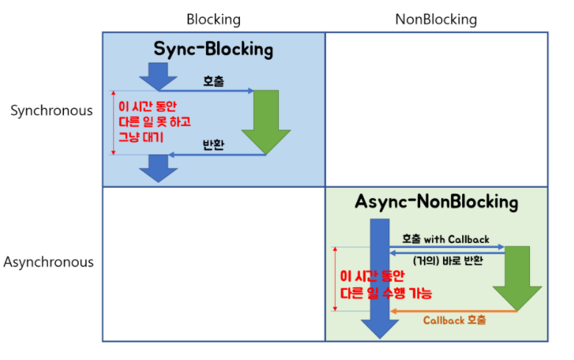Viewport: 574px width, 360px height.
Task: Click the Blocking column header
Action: [x=213, y=19]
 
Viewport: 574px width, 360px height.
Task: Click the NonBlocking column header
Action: [x=436, y=19]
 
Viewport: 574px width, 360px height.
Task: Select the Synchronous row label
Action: [x=52, y=110]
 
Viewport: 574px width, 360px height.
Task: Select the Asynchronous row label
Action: [x=49, y=261]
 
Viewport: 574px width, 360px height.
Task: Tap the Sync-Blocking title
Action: [x=213, y=49]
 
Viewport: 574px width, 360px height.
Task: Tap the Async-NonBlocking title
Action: [x=436, y=202]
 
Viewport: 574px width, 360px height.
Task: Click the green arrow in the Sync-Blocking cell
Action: [x=266, y=121]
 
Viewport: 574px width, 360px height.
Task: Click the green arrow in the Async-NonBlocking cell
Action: [x=517, y=278]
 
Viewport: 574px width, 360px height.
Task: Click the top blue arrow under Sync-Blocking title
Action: [x=158, y=75]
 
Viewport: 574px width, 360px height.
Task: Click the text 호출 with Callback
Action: [x=445, y=240]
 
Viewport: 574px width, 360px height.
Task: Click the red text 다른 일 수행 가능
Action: [x=386, y=292]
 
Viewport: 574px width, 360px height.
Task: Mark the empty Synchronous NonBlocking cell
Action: [x=436, y=109]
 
